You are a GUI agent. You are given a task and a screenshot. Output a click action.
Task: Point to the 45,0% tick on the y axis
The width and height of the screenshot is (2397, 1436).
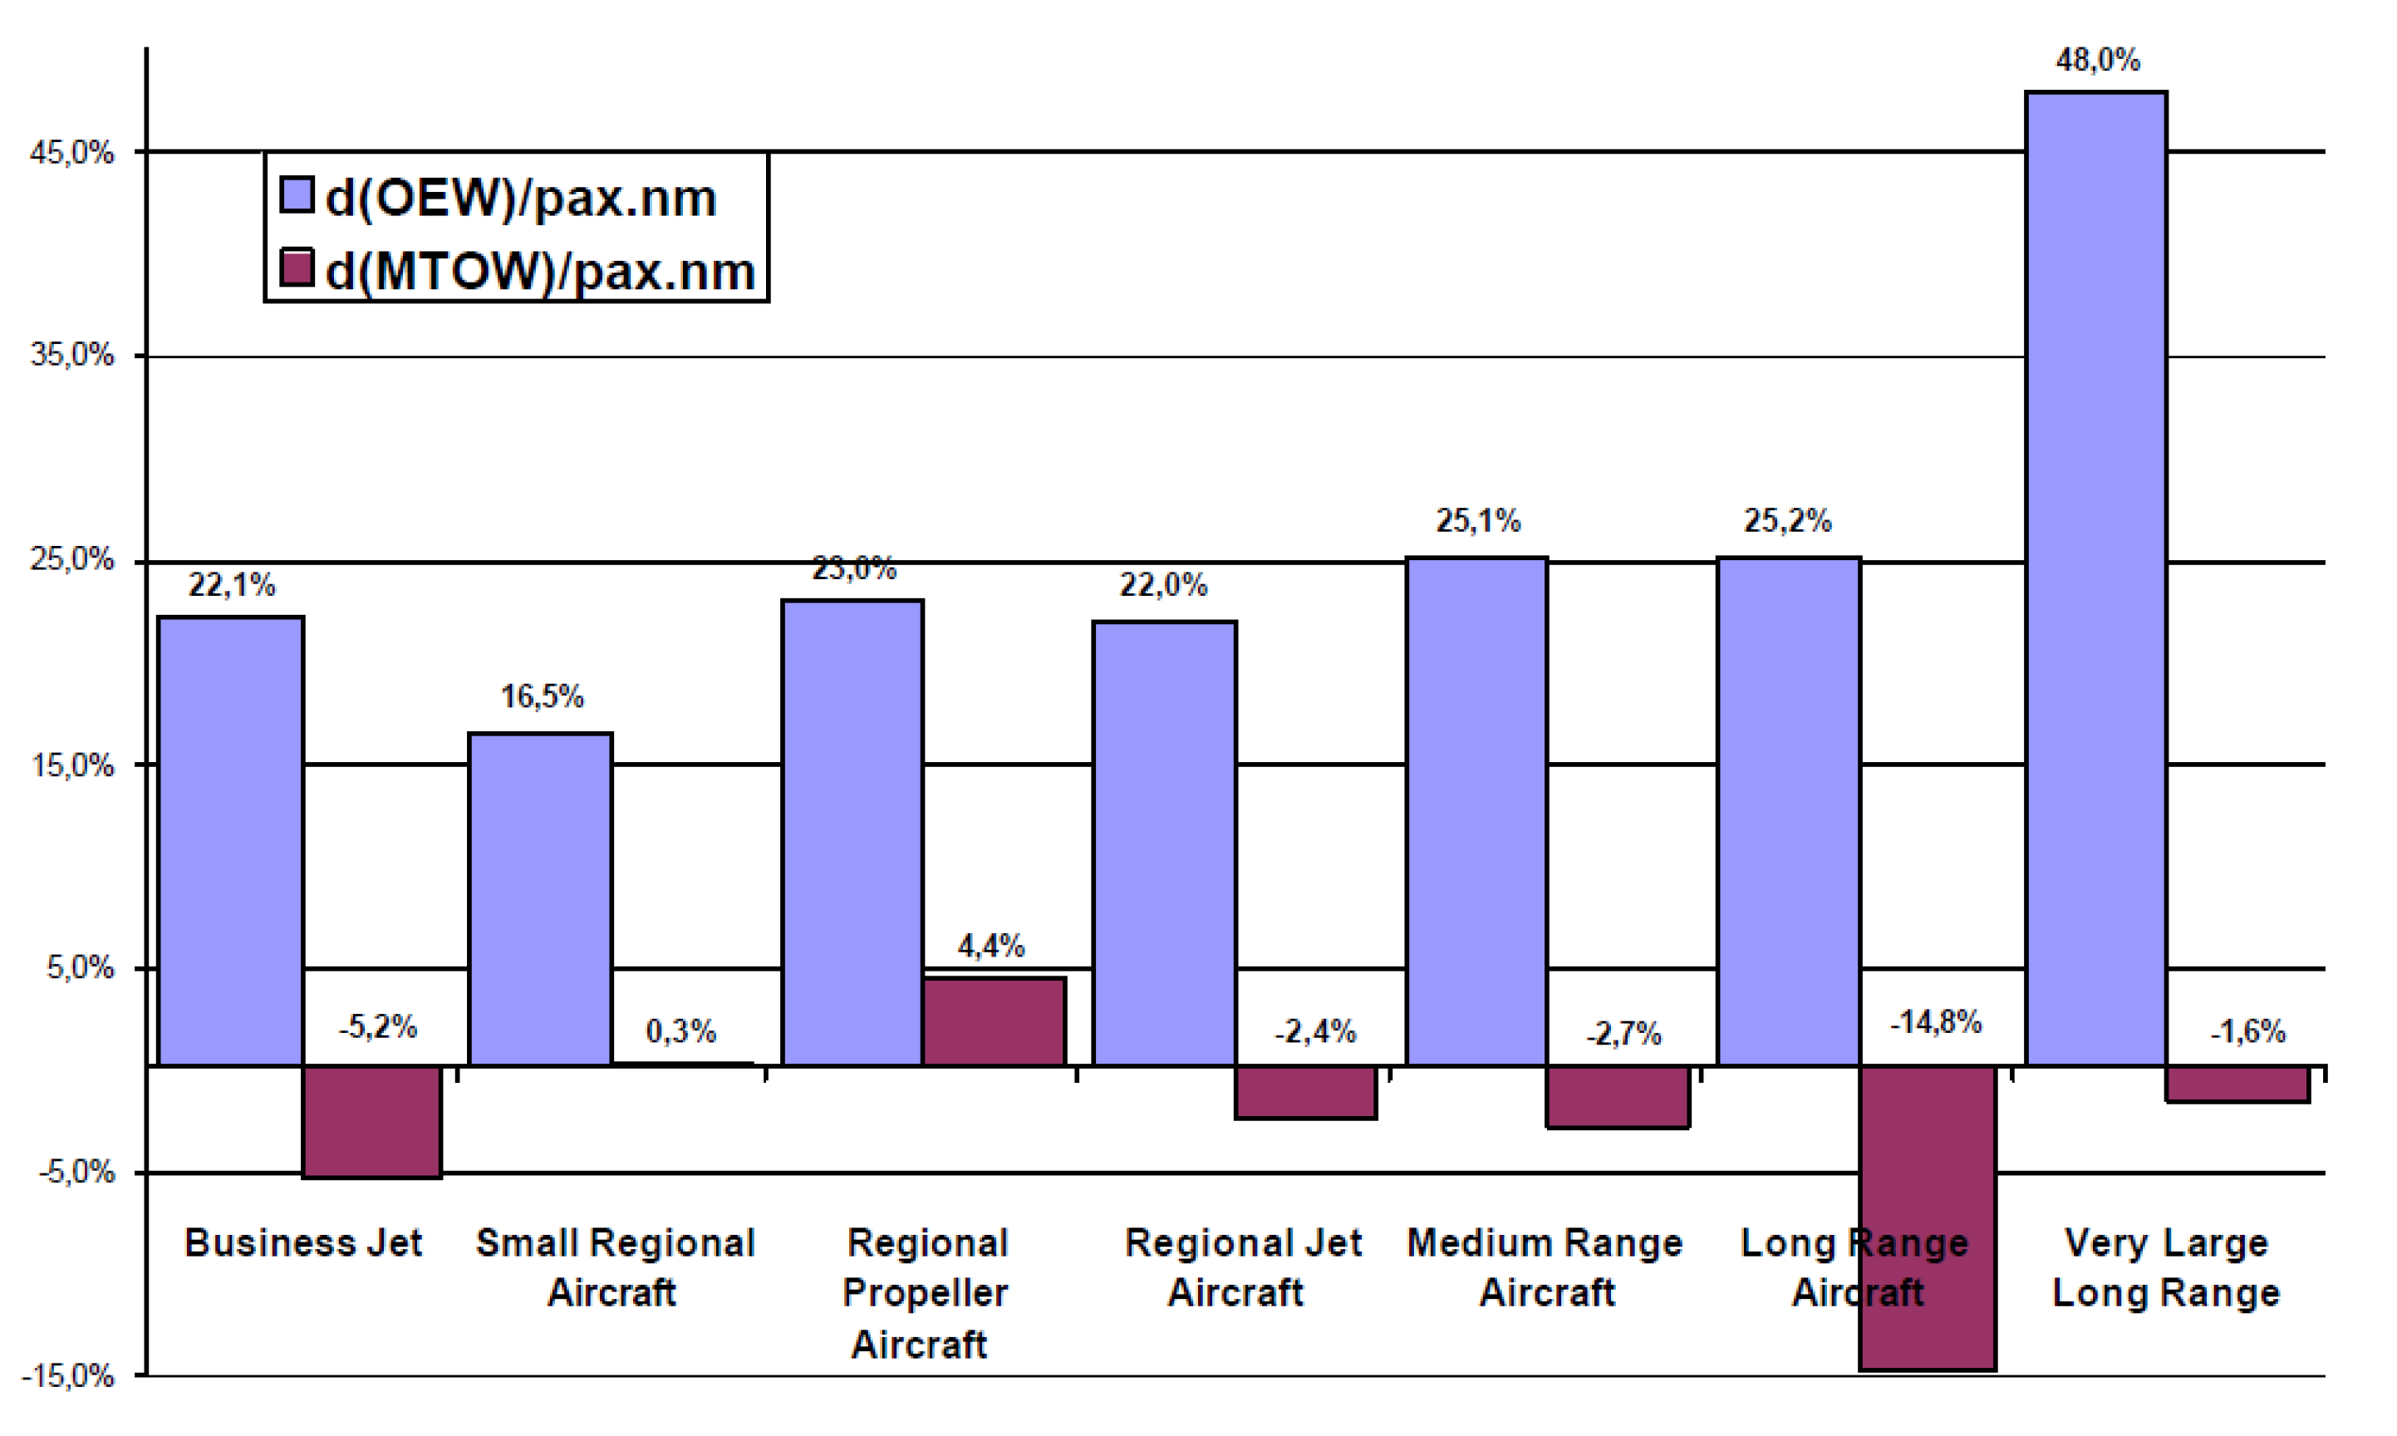[71, 153]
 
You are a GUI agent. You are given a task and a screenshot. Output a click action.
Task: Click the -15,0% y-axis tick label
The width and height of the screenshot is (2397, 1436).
[67, 1376]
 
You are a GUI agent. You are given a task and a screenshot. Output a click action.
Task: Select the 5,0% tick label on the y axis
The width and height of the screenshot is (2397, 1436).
[79, 967]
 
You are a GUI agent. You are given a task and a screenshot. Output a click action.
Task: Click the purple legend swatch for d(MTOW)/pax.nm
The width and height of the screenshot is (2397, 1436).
[297, 269]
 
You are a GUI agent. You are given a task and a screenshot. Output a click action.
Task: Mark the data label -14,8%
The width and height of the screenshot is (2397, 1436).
[1936, 1022]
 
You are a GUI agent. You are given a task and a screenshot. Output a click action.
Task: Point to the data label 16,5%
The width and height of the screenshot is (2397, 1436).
[542, 696]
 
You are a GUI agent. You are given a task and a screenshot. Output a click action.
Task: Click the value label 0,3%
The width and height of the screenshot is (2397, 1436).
[681, 1031]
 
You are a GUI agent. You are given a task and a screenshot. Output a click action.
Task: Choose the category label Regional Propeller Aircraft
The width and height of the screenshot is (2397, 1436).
[926, 1293]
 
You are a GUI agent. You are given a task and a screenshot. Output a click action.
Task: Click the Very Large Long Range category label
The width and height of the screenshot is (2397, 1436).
[2166, 1267]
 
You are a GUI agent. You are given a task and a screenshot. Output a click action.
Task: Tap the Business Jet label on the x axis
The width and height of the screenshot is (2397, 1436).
[302, 1243]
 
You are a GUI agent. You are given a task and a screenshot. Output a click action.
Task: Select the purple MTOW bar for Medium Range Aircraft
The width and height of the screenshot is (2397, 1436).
[1618, 1096]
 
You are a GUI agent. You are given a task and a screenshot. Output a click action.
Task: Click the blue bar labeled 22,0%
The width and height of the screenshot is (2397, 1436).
[1164, 842]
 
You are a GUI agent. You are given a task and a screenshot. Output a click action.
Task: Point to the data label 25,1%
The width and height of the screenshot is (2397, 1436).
[1477, 522]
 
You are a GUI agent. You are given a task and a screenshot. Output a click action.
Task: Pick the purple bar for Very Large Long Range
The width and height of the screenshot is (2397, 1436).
[2237, 1084]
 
